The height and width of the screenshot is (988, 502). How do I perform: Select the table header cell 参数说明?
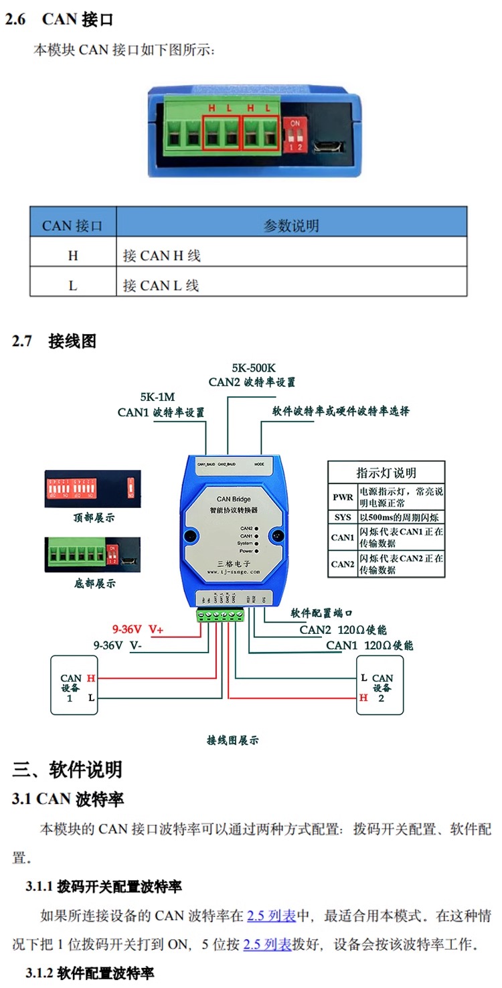click(x=291, y=226)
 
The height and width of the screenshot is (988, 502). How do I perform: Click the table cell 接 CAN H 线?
click(x=162, y=255)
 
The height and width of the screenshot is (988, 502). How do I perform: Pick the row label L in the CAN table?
click(x=73, y=285)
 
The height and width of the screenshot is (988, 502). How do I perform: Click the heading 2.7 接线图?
click(x=54, y=341)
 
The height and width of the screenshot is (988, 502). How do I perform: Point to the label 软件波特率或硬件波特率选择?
click(x=341, y=411)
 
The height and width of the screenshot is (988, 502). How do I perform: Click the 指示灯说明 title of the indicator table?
click(x=386, y=473)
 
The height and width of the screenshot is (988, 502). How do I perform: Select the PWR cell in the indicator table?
click(x=342, y=497)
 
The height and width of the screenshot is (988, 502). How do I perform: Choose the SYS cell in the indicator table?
click(x=342, y=517)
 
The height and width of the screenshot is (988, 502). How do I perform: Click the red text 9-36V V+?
click(x=138, y=629)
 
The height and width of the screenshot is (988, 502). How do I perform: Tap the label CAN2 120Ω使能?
click(x=343, y=630)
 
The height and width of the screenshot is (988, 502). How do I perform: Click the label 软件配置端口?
click(x=321, y=613)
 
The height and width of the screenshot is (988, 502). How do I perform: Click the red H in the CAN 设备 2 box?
click(x=363, y=697)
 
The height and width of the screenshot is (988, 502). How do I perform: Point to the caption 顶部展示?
click(x=94, y=517)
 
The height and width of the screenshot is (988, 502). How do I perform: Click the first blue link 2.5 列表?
click(x=271, y=916)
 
